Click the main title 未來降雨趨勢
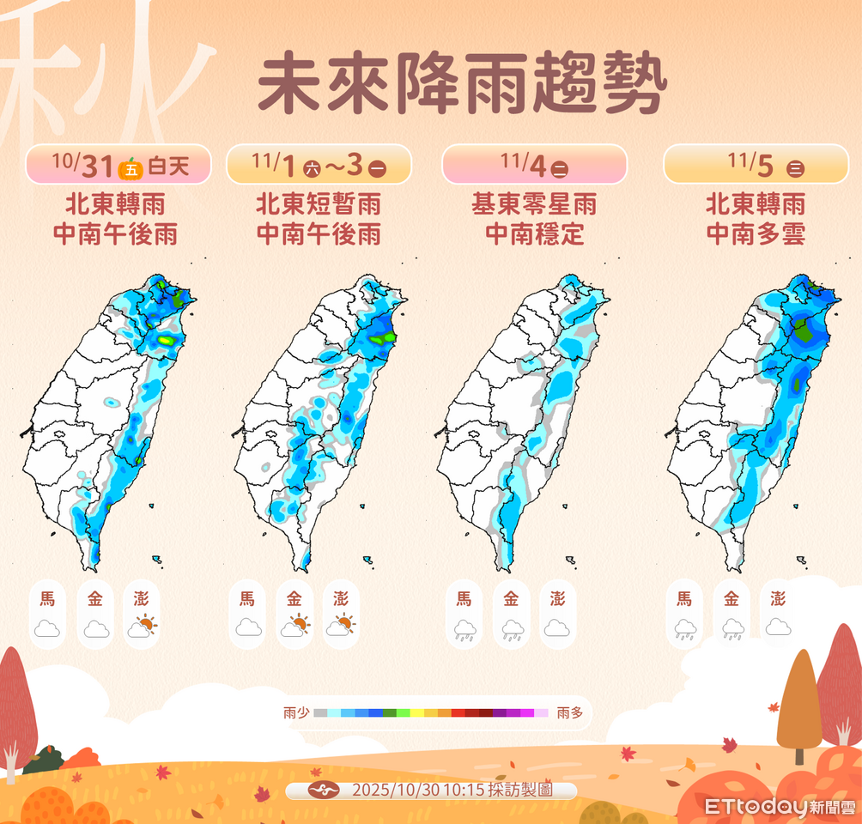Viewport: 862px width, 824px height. (x=462, y=86)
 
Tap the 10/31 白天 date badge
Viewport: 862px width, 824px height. (x=118, y=163)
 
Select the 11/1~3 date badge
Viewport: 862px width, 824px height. (x=319, y=163)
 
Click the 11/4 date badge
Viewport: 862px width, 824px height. (x=534, y=163)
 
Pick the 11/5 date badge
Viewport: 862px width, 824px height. (x=756, y=163)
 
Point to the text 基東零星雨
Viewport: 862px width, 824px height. (x=534, y=204)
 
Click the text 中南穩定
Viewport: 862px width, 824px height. (x=534, y=233)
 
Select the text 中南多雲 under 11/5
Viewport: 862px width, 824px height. (x=756, y=233)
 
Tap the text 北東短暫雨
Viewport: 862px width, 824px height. (x=319, y=204)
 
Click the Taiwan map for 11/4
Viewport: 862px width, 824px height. (x=524, y=412)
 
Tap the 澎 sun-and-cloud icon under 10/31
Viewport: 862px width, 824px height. (x=142, y=627)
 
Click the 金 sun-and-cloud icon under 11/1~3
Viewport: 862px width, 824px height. (x=294, y=627)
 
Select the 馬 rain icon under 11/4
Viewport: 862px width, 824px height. (x=464, y=630)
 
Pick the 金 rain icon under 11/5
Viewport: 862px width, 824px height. (x=731, y=630)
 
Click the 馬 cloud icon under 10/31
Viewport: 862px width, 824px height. (x=47, y=628)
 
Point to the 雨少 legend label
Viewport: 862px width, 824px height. (x=294, y=712)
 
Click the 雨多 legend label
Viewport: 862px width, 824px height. (x=569, y=712)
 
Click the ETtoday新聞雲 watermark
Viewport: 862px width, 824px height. (x=780, y=807)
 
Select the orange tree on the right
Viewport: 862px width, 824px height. (x=799, y=704)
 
